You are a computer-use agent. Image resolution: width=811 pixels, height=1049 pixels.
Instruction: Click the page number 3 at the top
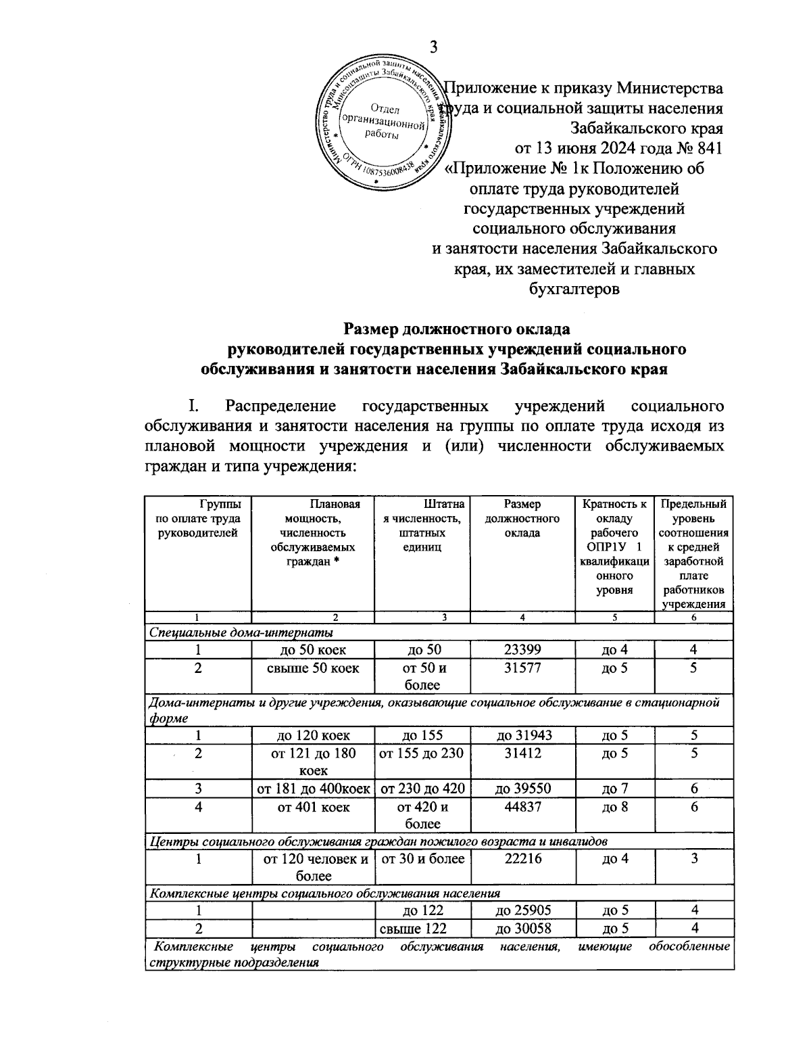point(434,47)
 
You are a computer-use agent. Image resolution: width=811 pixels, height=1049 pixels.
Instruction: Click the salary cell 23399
point(522,650)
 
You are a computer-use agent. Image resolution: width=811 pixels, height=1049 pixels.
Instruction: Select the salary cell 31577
point(522,668)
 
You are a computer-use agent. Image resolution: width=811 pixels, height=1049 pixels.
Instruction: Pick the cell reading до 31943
point(522,735)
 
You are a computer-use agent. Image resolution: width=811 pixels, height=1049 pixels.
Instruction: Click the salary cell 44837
point(522,807)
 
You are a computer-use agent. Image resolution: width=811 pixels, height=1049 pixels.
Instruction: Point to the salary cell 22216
point(522,859)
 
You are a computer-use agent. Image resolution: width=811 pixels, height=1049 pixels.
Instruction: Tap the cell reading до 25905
point(522,910)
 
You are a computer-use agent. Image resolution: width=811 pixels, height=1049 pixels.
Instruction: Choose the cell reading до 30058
point(522,928)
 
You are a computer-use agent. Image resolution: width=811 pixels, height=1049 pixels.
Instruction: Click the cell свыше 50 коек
point(313,668)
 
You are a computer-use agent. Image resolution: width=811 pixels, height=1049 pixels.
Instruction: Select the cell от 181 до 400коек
point(313,789)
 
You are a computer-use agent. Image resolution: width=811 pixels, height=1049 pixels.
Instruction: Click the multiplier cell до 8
point(614,807)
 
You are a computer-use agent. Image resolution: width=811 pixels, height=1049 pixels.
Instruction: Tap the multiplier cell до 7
point(614,789)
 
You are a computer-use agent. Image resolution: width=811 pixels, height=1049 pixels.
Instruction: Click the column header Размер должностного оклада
point(522,518)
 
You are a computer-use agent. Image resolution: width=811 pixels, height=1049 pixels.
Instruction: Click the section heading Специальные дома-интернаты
point(241,632)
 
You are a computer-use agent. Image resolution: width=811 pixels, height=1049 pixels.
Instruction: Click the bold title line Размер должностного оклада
point(458,329)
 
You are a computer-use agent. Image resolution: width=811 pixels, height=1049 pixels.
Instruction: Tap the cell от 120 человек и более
point(313,867)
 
